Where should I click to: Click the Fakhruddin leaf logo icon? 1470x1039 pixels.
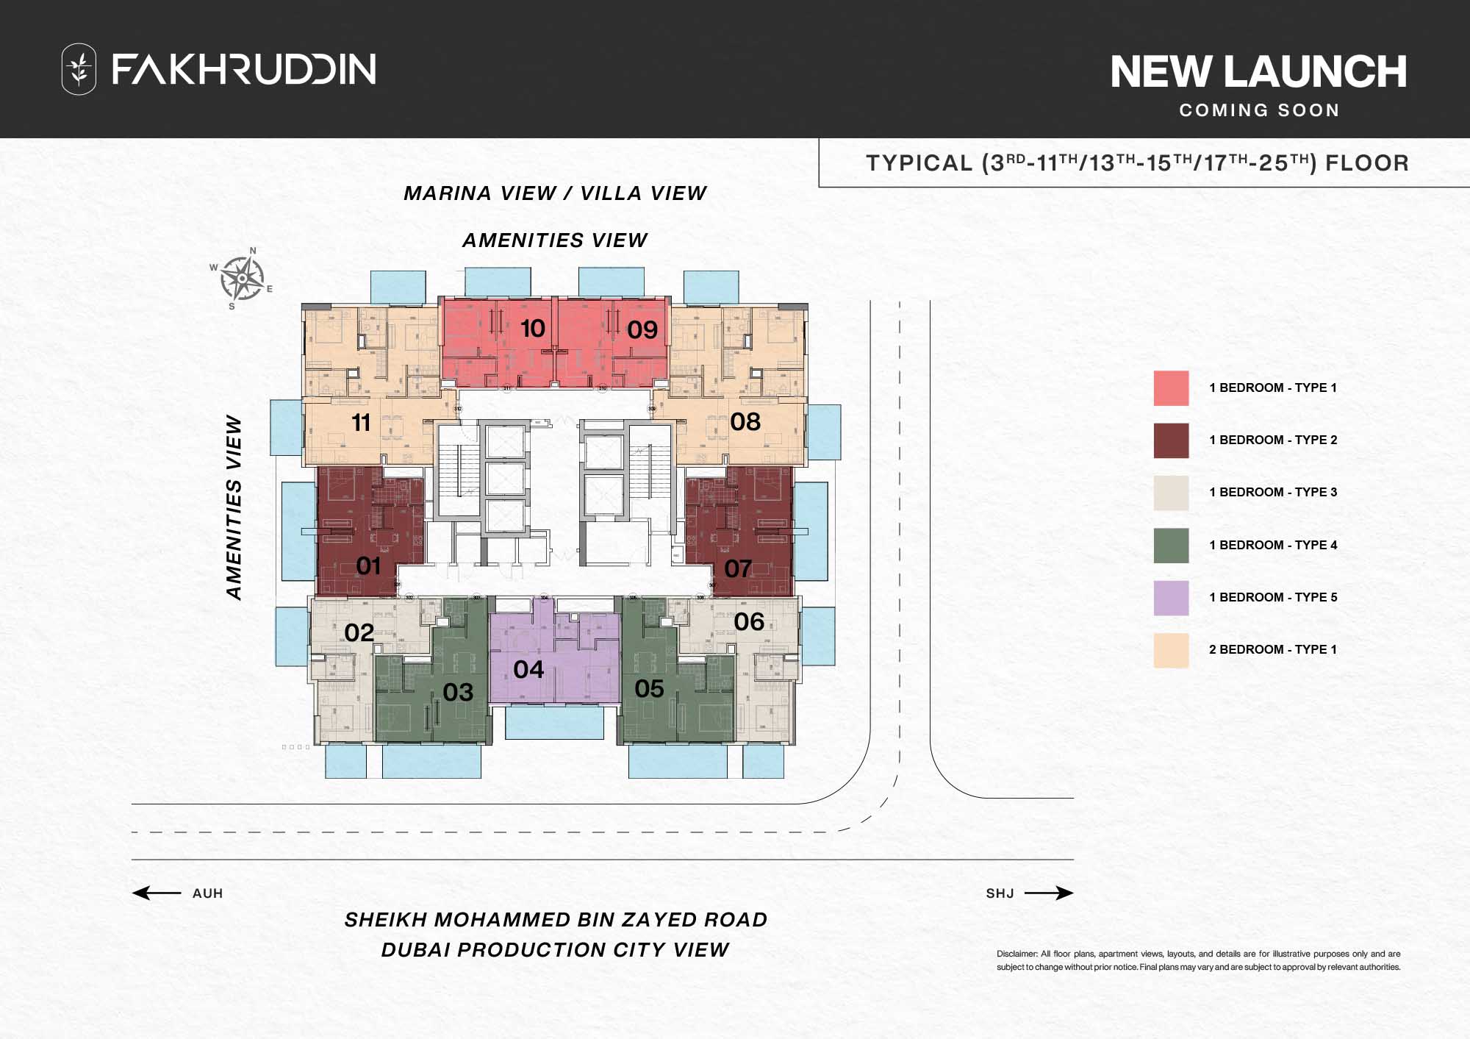(x=79, y=69)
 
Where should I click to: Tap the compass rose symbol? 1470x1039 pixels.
(x=243, y=279)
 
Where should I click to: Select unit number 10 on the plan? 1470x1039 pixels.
(x=533, y=329)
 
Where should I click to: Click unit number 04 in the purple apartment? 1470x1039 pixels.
(x=528, y=670)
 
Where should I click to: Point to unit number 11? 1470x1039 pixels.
(x=360, y=423)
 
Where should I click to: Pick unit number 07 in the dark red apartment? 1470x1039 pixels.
(x=738, y=568)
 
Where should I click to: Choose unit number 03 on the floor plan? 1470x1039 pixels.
(x=458, y=692)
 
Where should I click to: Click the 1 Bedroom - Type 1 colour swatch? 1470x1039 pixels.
(x=1171, y=388)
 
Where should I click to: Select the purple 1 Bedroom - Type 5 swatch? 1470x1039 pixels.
(x=1171, y=598)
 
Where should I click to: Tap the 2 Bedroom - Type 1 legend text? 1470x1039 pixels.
(x=1272, y=650)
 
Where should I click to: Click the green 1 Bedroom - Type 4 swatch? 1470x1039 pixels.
(x=1171, y=546)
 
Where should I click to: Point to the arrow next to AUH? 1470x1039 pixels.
(x=156, y=893)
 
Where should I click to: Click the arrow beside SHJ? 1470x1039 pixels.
(x=1049, y=893)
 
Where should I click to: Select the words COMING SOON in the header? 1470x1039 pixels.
(x=1259, y=110)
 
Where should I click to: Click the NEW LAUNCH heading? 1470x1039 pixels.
(x=1258, y=72)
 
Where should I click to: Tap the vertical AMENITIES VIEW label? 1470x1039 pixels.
(x=234, y=507)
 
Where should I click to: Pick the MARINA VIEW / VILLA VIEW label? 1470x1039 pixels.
(x=555, y=193)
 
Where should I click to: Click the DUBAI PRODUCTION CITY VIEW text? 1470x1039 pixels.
(x=555, y=950)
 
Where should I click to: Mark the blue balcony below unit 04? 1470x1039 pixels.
(x=554, y=723)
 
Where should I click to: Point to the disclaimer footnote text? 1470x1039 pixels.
(x=1198, y=960)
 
